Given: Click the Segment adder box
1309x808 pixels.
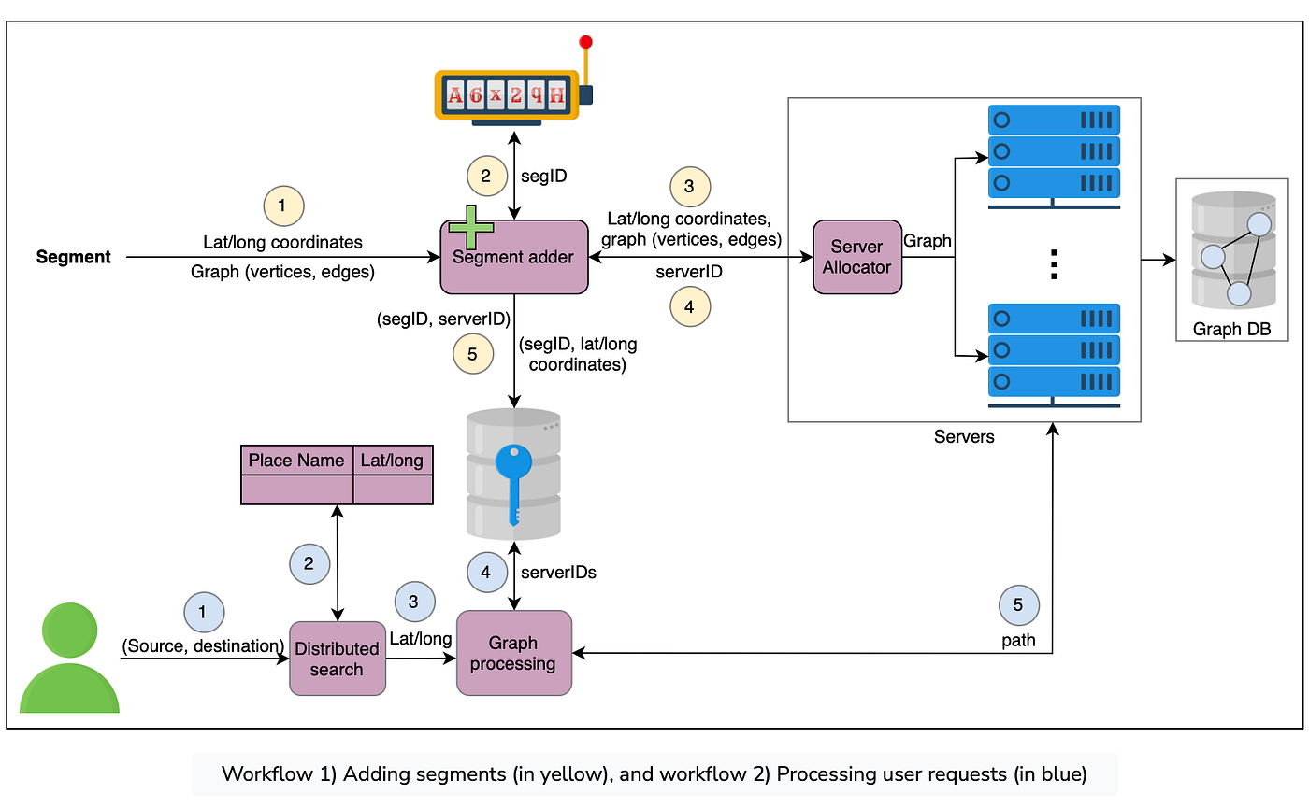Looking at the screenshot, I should pos(513,257).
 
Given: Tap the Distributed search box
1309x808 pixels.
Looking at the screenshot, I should pos(337,659).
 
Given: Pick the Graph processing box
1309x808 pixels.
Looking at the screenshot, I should pos(513,653).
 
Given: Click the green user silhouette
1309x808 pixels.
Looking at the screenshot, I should pos(69,659).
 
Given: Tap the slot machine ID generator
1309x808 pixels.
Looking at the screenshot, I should pos(510,93).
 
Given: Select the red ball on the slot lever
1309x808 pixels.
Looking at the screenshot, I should pos(586,42).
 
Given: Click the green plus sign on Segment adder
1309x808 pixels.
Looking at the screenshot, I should pos(471,228).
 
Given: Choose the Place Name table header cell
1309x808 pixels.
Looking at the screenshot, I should pos(296,461).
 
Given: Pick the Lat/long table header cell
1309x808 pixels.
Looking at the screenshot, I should pos(392,461).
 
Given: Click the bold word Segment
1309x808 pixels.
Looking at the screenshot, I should pos(74,257).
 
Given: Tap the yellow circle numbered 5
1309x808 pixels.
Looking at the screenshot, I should pos(472,354).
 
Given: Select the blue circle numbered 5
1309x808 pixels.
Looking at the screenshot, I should pos(1018,605).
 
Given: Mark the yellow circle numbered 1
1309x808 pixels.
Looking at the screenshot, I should pos(284,205).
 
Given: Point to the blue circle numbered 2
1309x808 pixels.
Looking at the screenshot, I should pos(309,563).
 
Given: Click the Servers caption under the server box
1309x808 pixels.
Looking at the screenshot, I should pos(964,436).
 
